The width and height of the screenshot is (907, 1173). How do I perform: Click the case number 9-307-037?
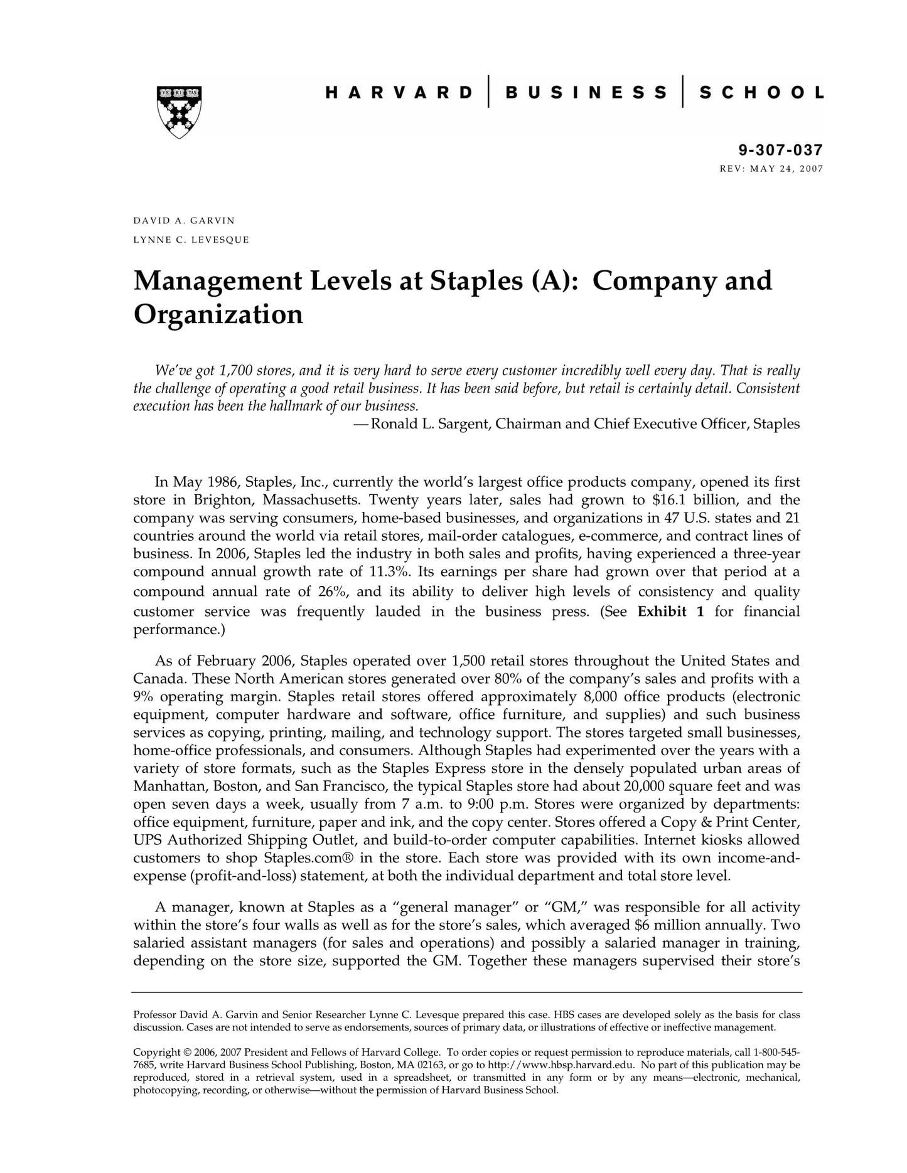click(x=780, y=150)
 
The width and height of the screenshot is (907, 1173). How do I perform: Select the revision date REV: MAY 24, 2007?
click(x=771, y=169)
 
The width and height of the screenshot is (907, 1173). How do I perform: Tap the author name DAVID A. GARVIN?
click(x=184, y=221)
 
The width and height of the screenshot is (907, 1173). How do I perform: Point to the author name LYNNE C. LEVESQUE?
click(x=191, y=240)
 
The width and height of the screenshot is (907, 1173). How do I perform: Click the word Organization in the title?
click(x=218, y=314)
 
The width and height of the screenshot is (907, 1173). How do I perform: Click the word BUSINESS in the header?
click(x=586, y=93)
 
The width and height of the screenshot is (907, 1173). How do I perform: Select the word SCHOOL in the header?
click(x=761, y=93)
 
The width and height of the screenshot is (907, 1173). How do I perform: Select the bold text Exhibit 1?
click(x=670, y=612)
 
